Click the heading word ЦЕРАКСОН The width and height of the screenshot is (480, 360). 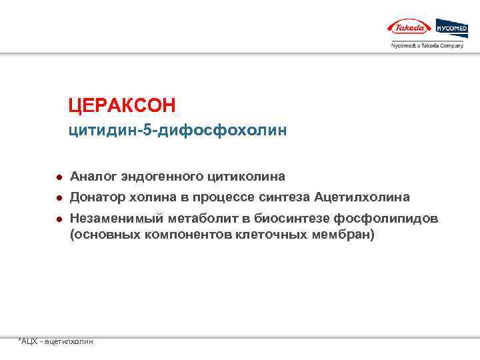tap(121, 105)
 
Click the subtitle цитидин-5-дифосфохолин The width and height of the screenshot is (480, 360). tap(177, 131)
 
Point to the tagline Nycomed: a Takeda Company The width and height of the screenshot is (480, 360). tap(427, 45)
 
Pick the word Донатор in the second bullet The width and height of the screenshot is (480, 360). tap(97, 198)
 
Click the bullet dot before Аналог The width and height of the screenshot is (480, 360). tap(59, 177)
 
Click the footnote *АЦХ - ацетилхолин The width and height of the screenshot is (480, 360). tap(56, 341)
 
